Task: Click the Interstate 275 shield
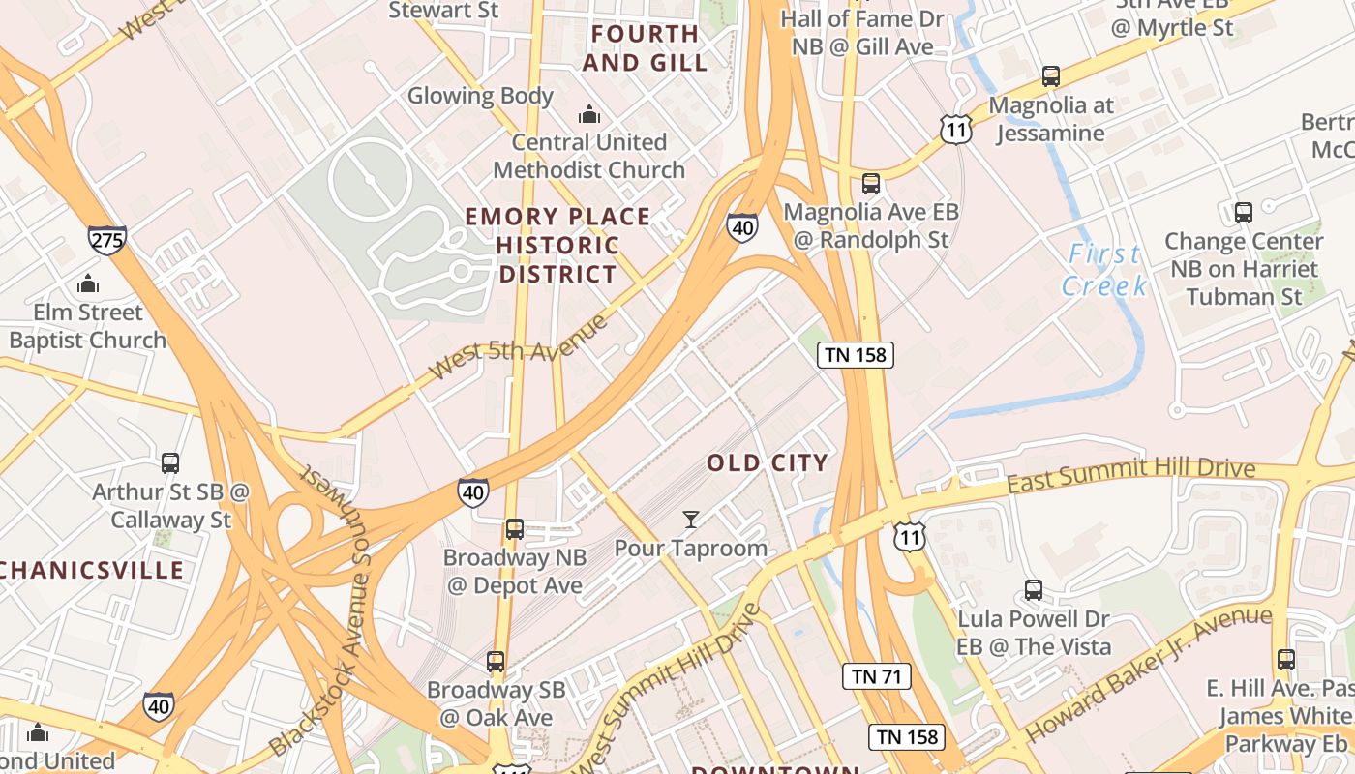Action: click(x=106, y=239)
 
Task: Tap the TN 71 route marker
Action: click(x=877, y=676)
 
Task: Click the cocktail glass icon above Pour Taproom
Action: click(x=690, y=521)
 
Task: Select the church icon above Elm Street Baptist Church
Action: click(x=88, y=284)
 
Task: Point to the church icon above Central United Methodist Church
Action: click(x=589, y=115)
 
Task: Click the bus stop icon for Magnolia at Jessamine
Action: click(x=1051, y=76)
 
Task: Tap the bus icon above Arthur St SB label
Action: click(x=170, y=463)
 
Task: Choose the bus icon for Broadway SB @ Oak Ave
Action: click(x=496, y=662)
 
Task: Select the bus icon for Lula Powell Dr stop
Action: click(x=1034, y=590)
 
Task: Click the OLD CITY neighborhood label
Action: click(x=768, y=463)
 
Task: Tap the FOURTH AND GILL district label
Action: click(x=646, y=48)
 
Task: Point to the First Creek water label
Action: click(x=1104, y=270)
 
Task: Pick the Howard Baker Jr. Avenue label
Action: click(x=1148, y=673)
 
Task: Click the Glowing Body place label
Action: click(x=480, y=96)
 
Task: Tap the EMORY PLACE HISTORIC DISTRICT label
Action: click(x=557, y=245)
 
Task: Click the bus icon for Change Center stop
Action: click(x=1244, y=212)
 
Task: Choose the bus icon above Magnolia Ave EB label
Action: click(x=871, y=183)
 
